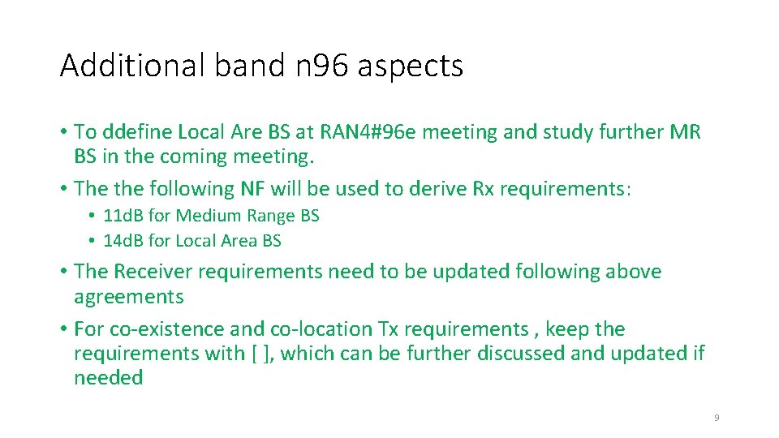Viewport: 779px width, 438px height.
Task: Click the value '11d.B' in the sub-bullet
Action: coord(123,216)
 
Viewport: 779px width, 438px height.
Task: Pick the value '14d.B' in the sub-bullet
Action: coord(123,241)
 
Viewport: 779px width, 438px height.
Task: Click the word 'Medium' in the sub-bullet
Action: coord(204,216)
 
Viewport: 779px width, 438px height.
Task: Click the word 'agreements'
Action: coord(129,297)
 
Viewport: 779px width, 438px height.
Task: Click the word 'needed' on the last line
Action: coord(108,378)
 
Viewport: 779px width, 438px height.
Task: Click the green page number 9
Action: coord(717,418)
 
